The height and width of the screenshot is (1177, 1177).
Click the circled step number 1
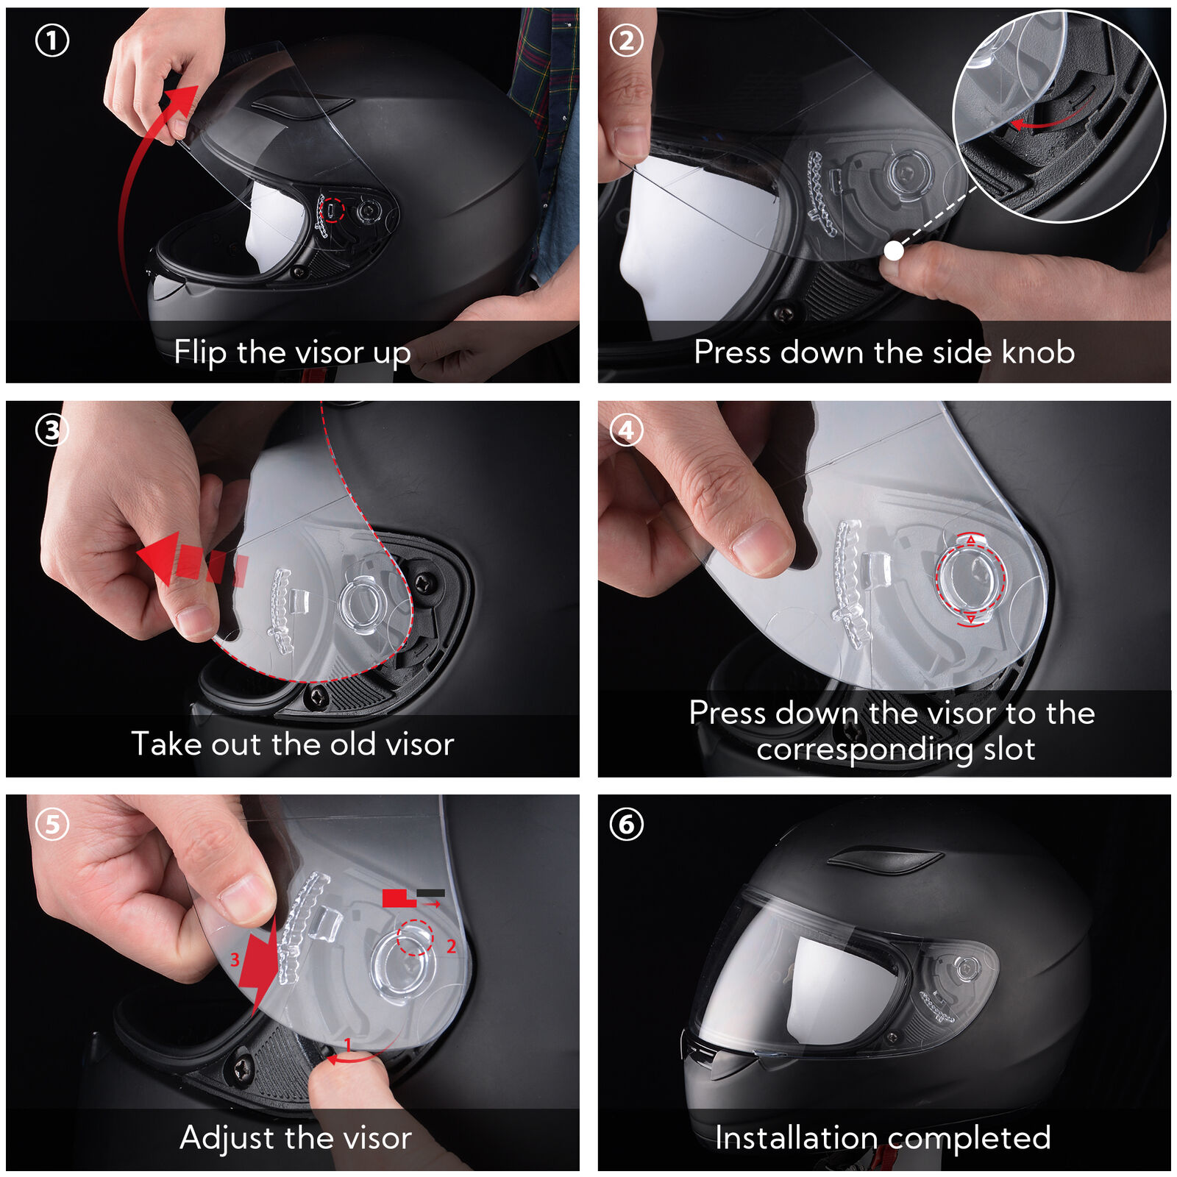[52, 40]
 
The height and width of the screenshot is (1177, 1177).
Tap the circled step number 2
[627, 40]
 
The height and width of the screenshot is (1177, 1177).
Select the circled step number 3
[52, 431]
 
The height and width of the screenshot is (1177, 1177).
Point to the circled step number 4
[627, 431]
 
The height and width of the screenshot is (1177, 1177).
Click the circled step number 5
[52, 825]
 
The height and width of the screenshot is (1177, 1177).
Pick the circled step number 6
[627, 825]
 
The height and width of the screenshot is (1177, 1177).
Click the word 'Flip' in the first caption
[200, 353]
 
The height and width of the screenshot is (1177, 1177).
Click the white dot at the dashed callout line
[893, 251]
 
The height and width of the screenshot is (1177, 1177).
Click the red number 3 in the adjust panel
[235, 959]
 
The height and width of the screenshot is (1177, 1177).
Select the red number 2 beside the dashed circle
[451, 946]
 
